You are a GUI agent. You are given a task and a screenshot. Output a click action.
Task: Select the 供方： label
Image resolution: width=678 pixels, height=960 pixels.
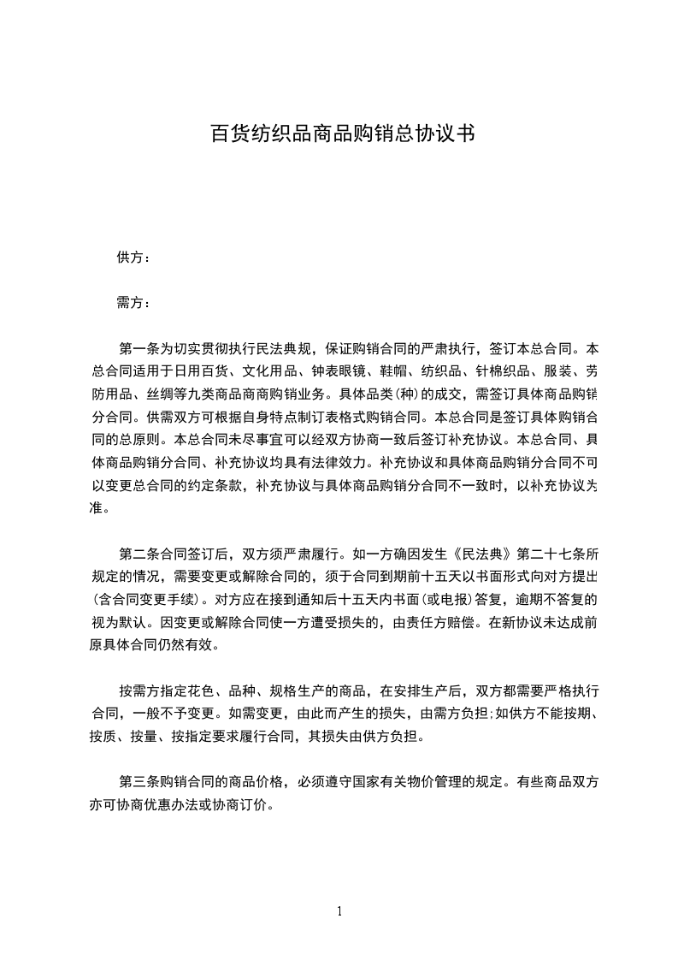point(133,258)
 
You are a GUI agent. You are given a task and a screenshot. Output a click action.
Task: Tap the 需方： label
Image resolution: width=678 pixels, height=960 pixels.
point(133,303)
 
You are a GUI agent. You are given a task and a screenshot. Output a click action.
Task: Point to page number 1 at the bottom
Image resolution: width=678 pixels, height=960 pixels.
point(339,911)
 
